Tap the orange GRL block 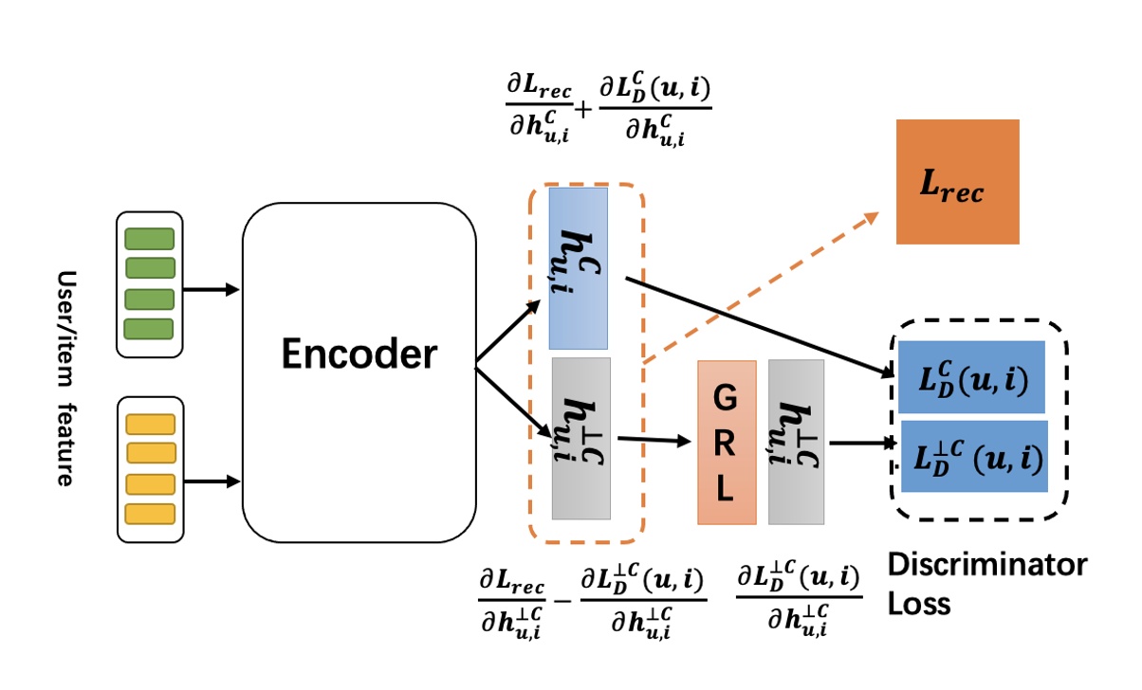point(727,443)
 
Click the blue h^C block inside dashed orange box point(579,268)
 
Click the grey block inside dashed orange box point(580,438)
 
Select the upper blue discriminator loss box point(971,376)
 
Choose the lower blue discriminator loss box point(973,457)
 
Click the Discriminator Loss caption point(986,583)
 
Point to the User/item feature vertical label point(65,378)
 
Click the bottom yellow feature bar point(150,514)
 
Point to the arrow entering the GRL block point(654,440)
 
